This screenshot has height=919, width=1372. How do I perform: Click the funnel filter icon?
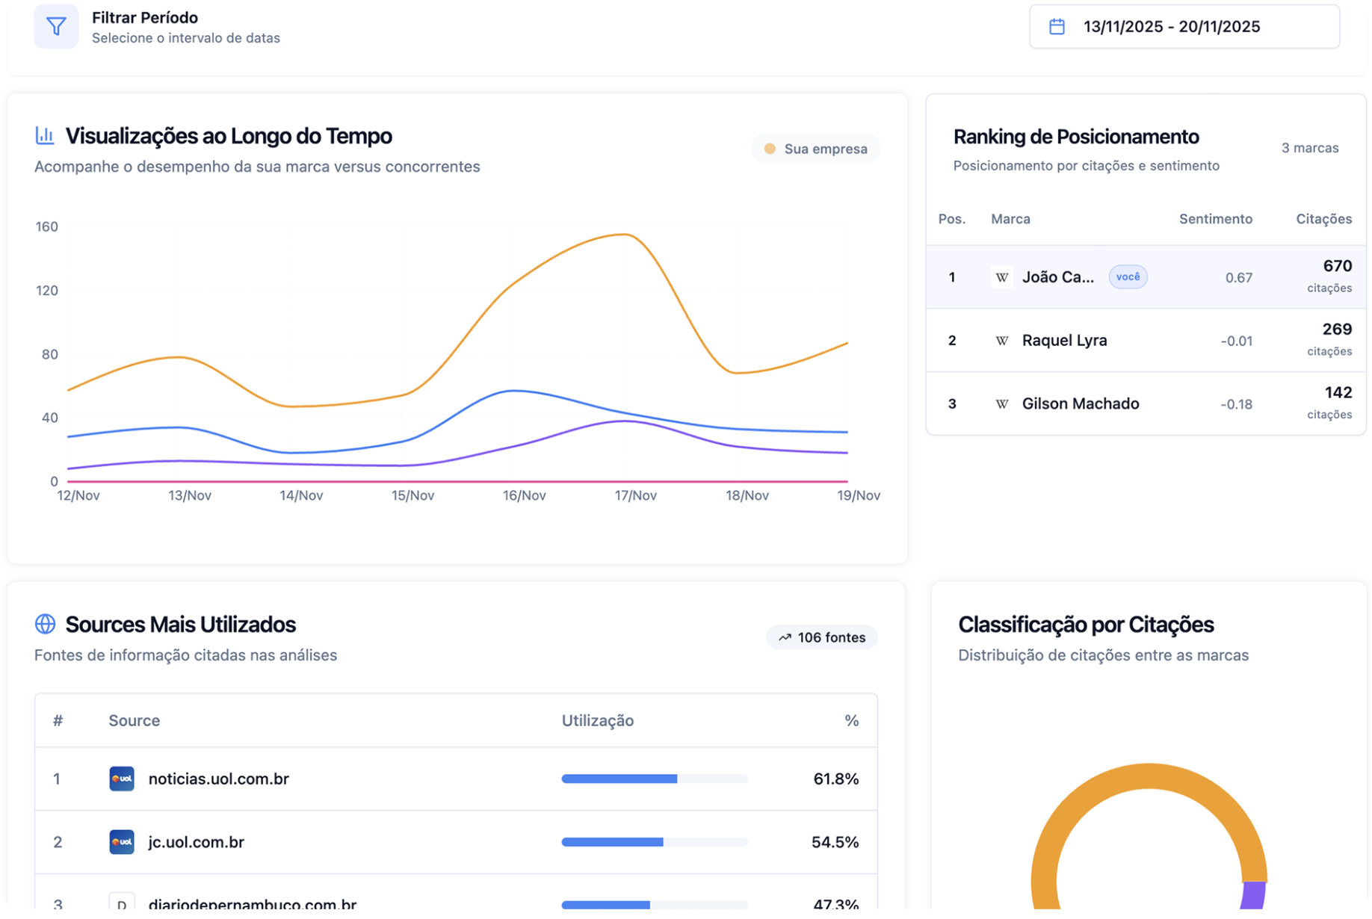56,27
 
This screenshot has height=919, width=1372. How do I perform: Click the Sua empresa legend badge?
815,149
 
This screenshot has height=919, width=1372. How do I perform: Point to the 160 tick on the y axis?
46,226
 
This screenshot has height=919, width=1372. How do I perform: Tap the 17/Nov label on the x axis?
634,495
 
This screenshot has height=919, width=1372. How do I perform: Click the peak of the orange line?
623,235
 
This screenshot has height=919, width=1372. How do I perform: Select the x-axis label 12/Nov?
78,495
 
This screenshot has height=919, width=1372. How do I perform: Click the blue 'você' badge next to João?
1127,277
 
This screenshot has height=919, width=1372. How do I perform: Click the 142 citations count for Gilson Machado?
1337,393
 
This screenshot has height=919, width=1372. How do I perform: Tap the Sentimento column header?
1214,219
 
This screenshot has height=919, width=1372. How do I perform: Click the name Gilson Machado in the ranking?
1080,404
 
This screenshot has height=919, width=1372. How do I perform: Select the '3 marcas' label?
1308,148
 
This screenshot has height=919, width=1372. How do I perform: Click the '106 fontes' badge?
821,637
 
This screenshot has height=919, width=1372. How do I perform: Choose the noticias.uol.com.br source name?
218,779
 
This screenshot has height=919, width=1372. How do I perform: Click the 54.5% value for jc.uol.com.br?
834,843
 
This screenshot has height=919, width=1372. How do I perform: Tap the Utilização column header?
597,720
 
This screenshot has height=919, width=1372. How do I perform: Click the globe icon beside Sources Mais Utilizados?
45,624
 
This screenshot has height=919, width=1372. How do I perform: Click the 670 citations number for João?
1336,266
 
